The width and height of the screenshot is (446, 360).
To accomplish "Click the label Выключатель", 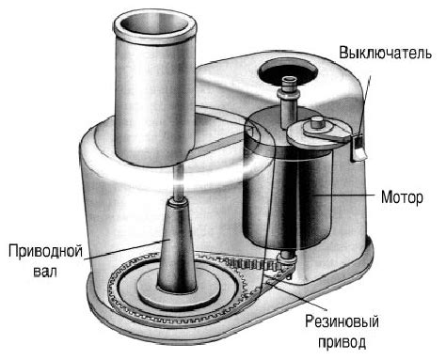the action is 386,54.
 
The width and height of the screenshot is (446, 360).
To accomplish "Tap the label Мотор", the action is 402,197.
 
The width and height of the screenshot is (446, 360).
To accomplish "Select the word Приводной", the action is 45,252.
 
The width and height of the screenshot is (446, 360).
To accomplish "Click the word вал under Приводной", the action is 45,272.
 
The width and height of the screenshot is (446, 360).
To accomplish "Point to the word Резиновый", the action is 342,321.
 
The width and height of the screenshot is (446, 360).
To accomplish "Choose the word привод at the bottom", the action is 342,342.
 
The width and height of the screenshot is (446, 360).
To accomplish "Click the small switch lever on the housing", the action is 358,148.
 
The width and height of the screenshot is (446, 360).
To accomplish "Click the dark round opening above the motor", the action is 287,71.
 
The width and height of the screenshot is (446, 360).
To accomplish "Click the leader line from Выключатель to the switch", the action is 364,104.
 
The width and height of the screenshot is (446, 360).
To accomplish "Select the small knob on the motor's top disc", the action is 317,121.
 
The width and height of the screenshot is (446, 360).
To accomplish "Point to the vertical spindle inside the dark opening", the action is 289,100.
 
